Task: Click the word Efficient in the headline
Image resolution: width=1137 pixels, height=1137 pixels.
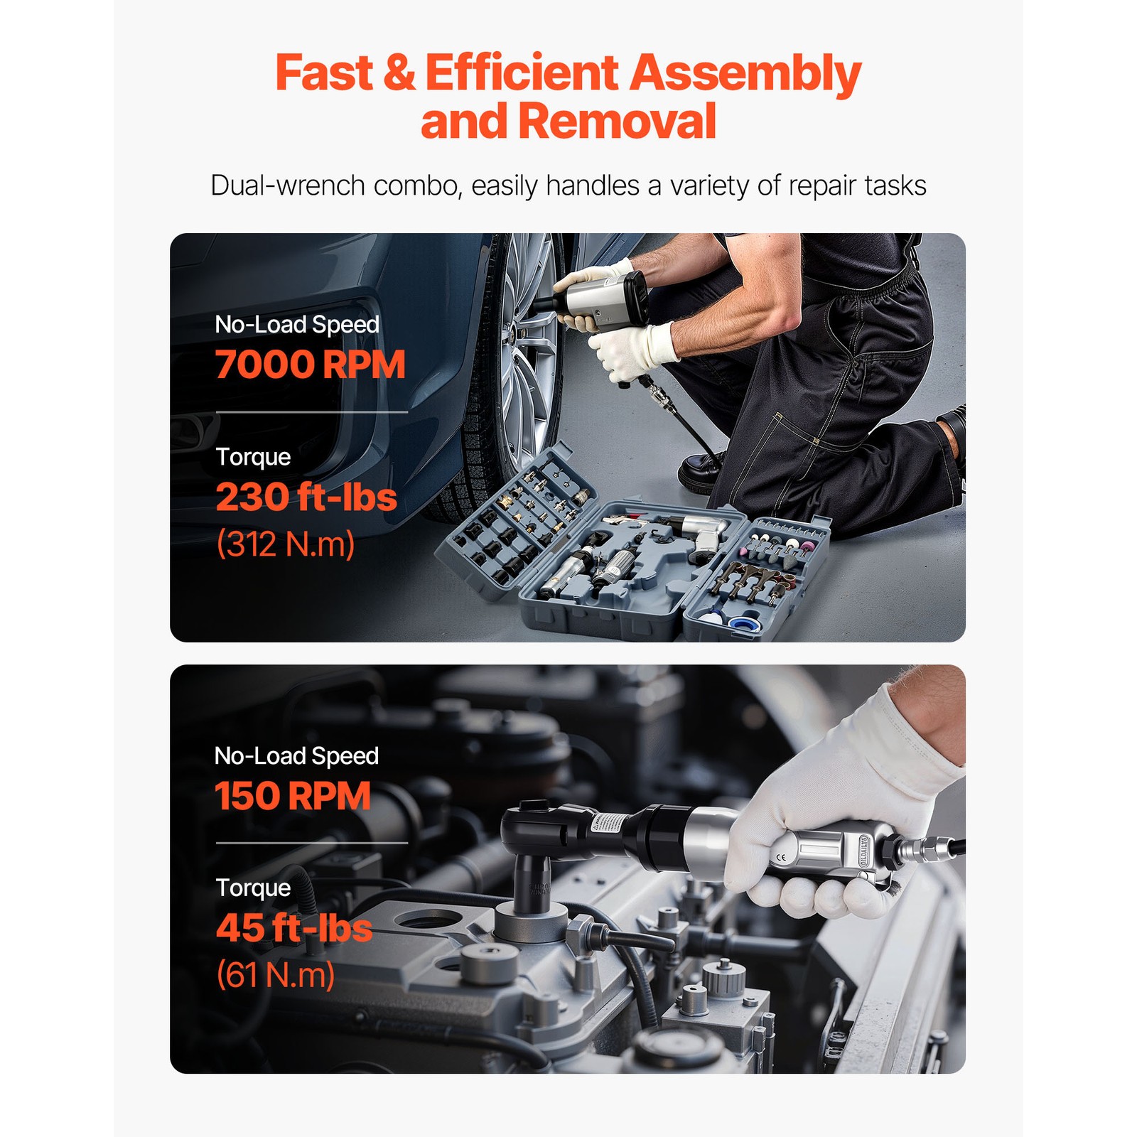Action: pos(522,73)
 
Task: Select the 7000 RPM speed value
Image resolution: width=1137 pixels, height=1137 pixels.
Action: pos(311,365)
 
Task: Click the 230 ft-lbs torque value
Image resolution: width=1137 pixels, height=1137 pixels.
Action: pos(306,497)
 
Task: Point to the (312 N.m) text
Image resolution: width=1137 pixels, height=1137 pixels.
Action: pos(286,544)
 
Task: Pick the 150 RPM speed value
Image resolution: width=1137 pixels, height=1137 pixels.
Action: pos(293,796)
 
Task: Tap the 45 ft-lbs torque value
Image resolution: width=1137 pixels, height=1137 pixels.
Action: pos(294,928)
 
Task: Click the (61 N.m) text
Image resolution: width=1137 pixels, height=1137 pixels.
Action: pos(276,975)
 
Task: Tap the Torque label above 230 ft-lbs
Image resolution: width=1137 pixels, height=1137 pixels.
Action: pos(253,457)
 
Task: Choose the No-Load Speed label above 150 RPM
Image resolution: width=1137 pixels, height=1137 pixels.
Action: pos(296,756)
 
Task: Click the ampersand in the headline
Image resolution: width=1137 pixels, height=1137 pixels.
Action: pos(399,73)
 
